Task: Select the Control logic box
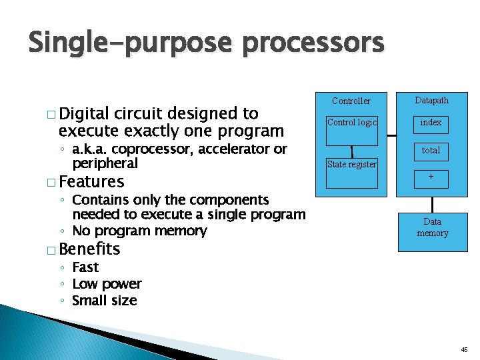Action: point(351,123)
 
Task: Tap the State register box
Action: point(351,164)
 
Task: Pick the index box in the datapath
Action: point(431,123)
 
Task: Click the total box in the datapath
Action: point(431,150)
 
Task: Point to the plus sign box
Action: point(431,177)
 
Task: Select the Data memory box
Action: point(432,227)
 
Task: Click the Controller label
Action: point(351,101)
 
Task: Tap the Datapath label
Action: point(431,100)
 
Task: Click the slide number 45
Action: point(464,349)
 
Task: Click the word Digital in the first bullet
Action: point(85,113)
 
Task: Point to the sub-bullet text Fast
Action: point(85,267)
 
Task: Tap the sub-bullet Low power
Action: point(107,284)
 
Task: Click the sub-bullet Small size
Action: point(104,301)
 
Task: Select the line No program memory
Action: point(139,231)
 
